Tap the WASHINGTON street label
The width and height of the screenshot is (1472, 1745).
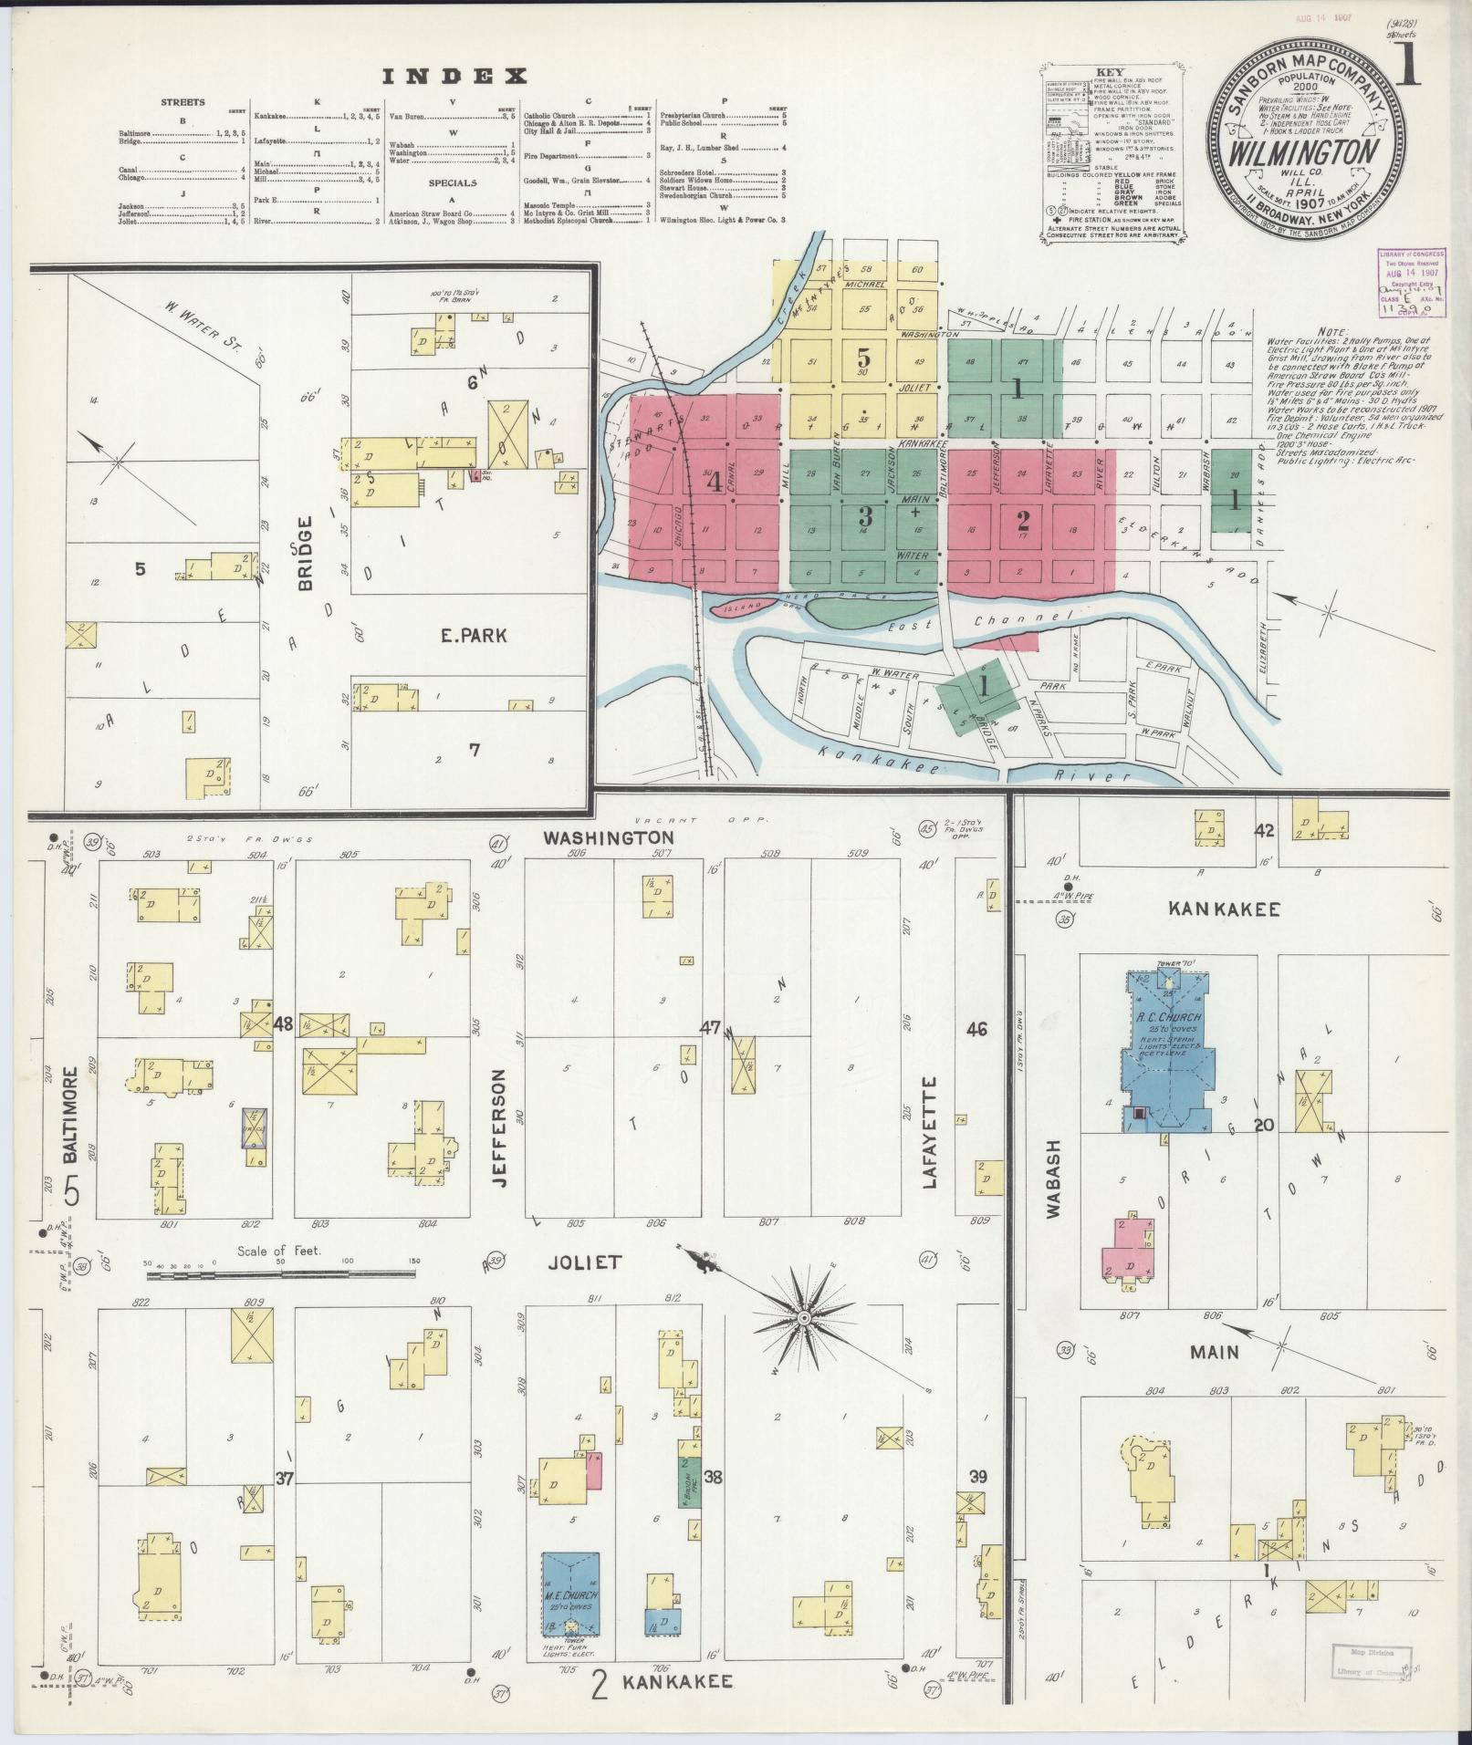[x=609, y=836]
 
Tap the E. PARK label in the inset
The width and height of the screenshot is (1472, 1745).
[x=474, y=637]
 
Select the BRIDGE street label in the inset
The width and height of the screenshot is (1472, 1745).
[x=305, y=552]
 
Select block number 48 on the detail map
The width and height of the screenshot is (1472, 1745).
[x=282, y=1024]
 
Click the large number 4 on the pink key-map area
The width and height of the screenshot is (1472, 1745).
[x=715, y=483]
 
